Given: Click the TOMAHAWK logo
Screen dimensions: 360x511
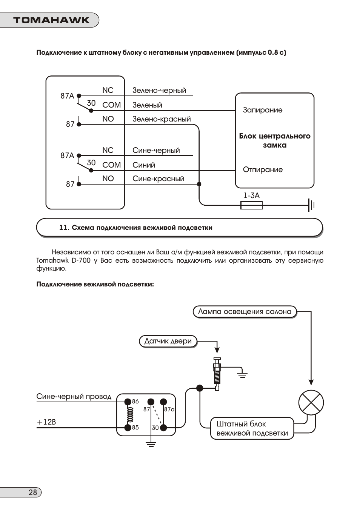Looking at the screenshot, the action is (x=51, y=20).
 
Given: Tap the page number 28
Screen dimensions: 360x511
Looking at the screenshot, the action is (x=32, y=492).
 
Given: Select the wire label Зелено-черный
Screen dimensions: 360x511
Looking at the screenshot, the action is (x=159, y=90).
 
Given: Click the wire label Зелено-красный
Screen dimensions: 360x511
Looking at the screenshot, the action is (x=162, y=119).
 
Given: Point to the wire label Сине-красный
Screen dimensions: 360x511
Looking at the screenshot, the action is (x=158, y=179).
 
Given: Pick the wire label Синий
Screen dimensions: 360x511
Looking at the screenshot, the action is (x=144, y=165).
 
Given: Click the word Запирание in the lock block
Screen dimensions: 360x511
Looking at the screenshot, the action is (x=263, y=110).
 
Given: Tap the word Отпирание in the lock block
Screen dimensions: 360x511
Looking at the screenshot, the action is (x=263, y=169).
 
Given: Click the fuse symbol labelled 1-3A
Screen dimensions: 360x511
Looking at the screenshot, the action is (x=251, y=205).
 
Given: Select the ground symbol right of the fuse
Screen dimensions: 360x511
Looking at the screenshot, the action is (x=311, y=205).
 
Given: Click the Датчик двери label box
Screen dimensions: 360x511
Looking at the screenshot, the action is (x=168, y=341).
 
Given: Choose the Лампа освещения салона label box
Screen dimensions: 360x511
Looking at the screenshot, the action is (x=245, y=312).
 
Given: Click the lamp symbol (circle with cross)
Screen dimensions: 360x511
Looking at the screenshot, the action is (x=311, y=403).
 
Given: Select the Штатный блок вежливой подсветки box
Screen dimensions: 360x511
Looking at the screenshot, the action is (x=252, y=428).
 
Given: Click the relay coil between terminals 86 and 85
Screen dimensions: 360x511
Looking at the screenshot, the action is (x=129, y=415).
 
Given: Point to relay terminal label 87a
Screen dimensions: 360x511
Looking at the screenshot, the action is (x=169, y=409).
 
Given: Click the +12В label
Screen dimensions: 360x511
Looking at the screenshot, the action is (x=46, y=422).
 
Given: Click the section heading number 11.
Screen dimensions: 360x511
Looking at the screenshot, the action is (x=64, y=228).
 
